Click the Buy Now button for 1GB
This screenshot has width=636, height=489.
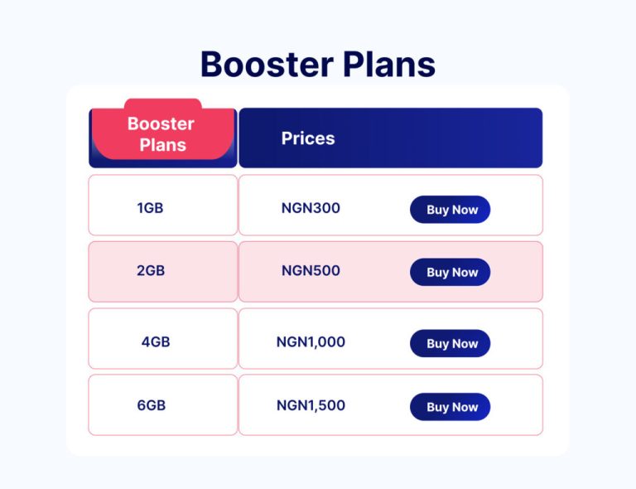450,210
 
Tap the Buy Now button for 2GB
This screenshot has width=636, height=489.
450,272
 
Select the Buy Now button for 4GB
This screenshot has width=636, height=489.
450,343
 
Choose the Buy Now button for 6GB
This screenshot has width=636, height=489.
450,407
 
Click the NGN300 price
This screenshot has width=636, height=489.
311,208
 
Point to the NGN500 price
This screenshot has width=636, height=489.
311,270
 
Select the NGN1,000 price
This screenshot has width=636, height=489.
311,341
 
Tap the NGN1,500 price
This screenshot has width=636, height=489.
311,405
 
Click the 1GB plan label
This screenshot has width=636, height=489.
150,208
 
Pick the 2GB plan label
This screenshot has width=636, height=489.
151,270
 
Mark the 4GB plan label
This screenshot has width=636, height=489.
156,341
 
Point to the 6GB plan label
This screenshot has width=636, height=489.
152,405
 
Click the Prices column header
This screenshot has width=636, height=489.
308,138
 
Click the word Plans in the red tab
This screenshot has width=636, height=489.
162,145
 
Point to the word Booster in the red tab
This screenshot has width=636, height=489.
161,123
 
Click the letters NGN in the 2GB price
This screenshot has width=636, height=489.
295,270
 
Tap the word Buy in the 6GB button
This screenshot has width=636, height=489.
436,407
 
